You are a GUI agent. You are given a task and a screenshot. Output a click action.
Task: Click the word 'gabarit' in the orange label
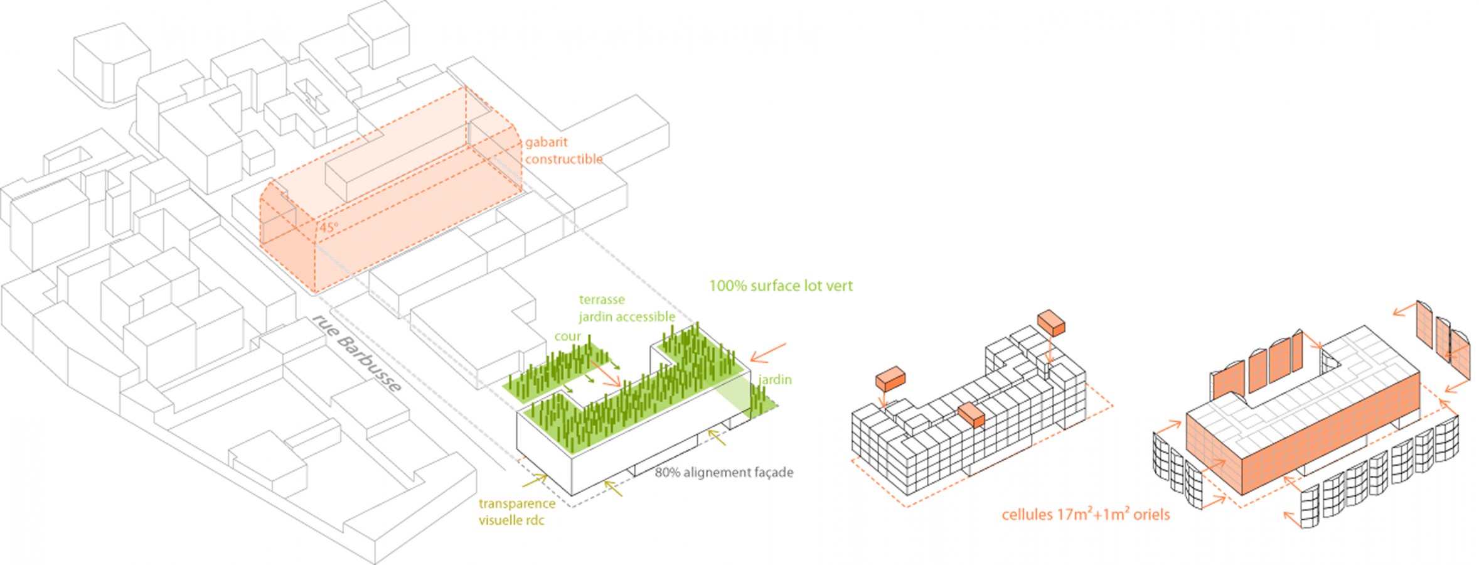[x=546, y=143]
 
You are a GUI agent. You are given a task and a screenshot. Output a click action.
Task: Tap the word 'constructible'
[x=563, y=159]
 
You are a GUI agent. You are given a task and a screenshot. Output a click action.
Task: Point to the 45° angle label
[x=328, y=227]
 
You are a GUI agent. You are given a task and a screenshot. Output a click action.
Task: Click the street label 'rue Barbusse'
[x=356, y=353]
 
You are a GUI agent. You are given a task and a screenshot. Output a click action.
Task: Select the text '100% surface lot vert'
[x=781, y=286]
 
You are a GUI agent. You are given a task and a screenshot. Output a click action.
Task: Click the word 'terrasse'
[x=601, y=300]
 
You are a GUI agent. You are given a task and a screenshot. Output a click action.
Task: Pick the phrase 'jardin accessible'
[x=627, y=317]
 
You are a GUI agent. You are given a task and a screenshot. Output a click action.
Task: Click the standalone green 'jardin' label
[x=774, y=380]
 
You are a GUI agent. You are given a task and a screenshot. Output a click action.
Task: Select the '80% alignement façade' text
[x=723, y=473]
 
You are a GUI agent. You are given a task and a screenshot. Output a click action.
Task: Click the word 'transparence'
[x=516, y=503]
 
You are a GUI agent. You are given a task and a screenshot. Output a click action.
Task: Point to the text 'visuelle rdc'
[x=511, y=520]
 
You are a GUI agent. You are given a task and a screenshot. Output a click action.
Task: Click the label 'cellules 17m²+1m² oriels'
[x=1086, y=515]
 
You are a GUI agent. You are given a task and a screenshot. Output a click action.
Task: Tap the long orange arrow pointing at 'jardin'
[x=768, y=353]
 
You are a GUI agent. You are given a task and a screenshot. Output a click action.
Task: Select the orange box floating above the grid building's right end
[x=1051, y=322]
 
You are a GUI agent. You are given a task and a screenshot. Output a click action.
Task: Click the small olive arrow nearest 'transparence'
[x=534, y=481]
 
